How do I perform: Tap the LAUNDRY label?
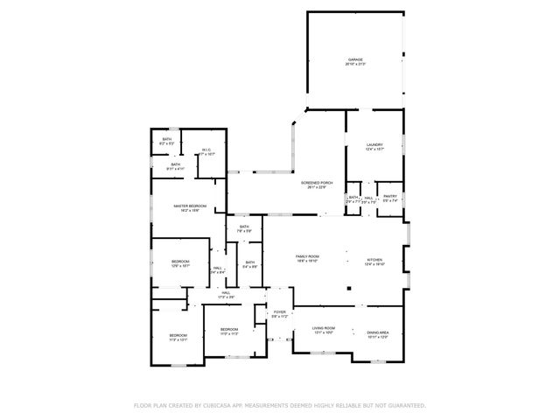click(374, 145)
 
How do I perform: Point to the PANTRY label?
click(390, 198)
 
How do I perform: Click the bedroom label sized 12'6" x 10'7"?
click(180, 263)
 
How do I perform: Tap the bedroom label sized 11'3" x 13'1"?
click(178, 337)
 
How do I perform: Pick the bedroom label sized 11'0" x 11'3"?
click(229, 331)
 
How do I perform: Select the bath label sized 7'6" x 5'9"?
click(245, 229)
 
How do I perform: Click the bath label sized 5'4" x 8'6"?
click(250, 264)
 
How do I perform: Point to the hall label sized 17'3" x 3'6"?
click(225, 295)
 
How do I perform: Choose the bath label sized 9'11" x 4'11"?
click(175, 166)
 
